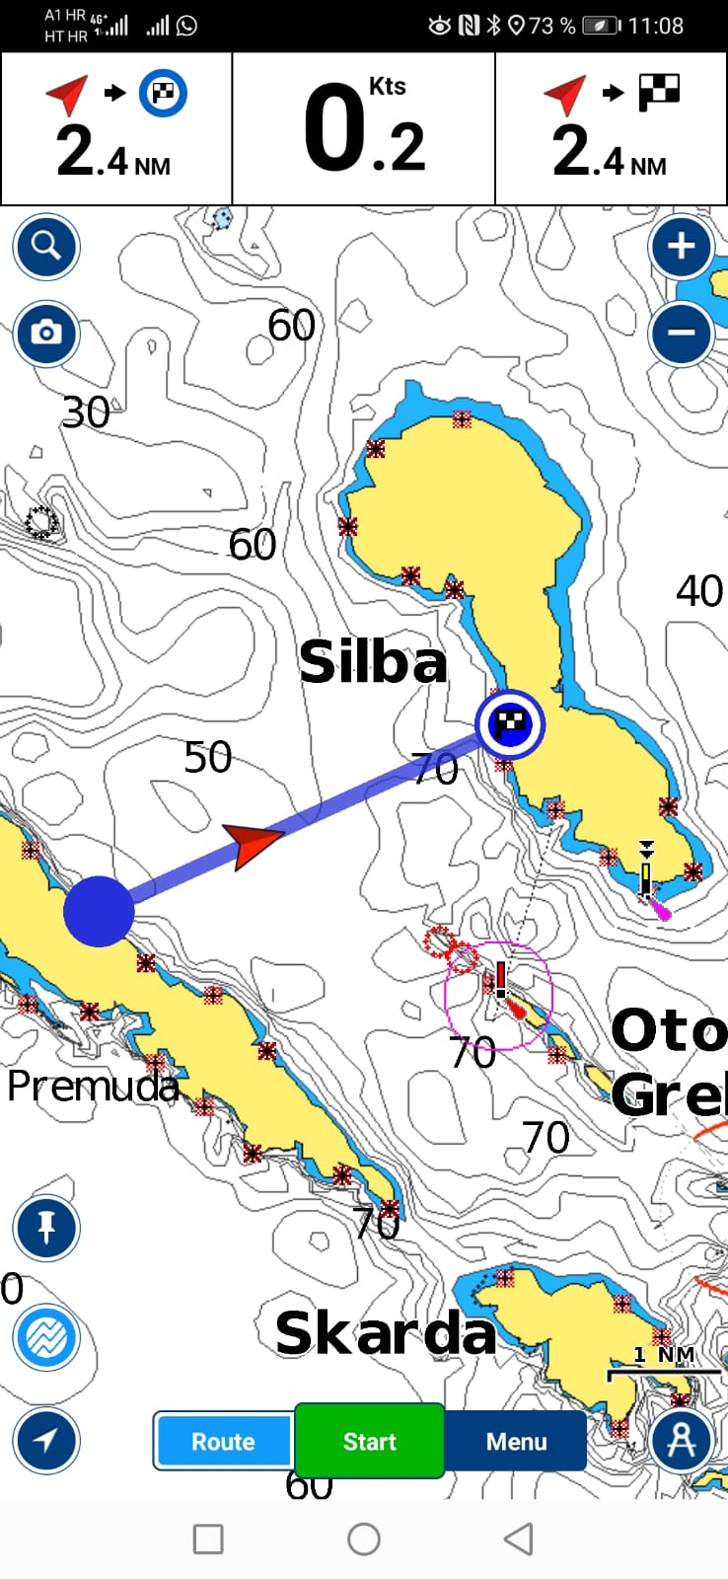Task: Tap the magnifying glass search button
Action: pos(46,246)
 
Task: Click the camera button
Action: pos(46,334)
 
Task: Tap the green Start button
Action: pos(370,1441)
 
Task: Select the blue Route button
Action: pos(223,1441)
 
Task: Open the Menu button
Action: pos(516,1441)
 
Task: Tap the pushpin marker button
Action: pos(46,1229)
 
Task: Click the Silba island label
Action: pos(373,662)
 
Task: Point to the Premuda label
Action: pos(93,1087)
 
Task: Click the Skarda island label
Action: pos(385,1334)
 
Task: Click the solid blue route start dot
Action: pos(99,911)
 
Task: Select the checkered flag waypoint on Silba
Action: pos(510,724)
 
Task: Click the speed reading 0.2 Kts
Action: pos(365,129)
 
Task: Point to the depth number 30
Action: pos(86,413)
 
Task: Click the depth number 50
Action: pos(208,758)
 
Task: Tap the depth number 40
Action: pos(699,591)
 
